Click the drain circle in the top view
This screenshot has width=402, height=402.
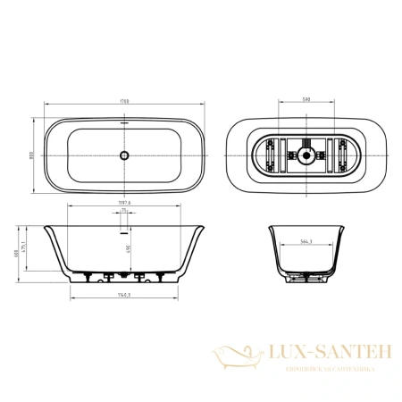click(x=124, y=155)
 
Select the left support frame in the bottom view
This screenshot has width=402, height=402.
click(x=272, y=156)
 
